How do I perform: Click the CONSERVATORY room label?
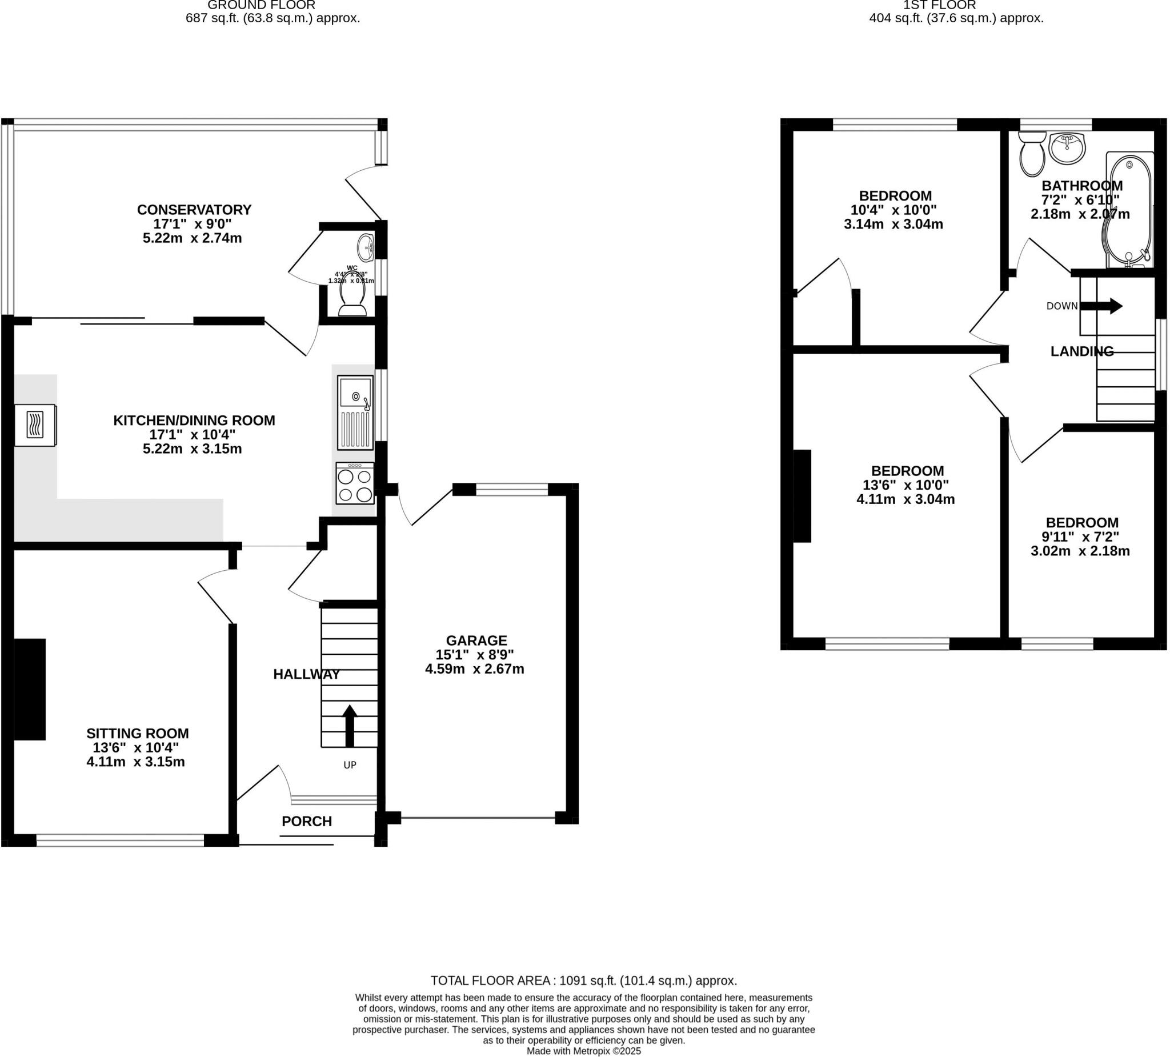tap(194, 210)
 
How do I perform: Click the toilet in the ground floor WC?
tap(352, 298)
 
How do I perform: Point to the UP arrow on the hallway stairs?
tap(350, 726)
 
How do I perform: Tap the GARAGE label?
tap(476, 640)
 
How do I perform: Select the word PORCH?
tap(306, 822)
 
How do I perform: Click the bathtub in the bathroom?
tap(1129, 212)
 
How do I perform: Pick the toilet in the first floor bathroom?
tap(1032, 154)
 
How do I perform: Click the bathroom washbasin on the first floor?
tap(1067, 148)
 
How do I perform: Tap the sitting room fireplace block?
tap(29, 689)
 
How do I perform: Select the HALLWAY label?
tap(306, 674)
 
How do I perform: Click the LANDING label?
tap(1082, 351)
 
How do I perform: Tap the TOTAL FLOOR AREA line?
tap(583, 980)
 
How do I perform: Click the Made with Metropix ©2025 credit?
tap(583, 1051)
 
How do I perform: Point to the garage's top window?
tap(511, 490)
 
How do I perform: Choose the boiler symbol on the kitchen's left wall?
tap(35, 425)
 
